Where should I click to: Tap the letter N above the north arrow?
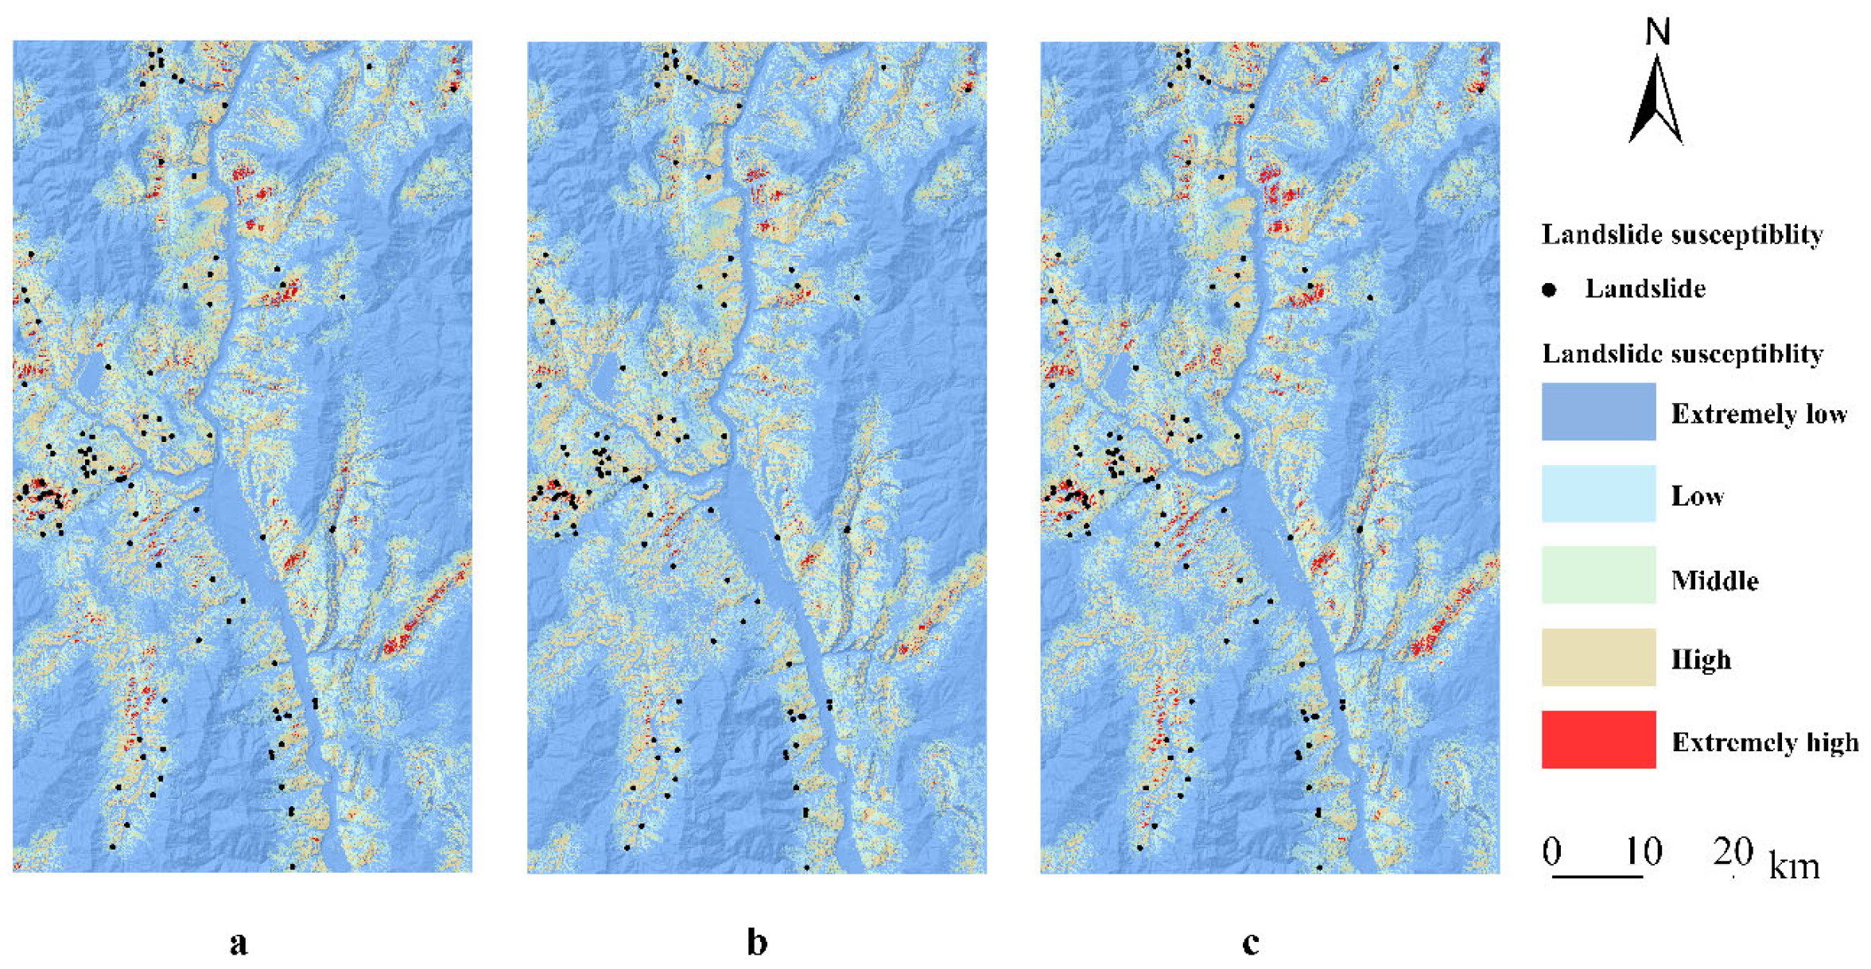point(1658,33)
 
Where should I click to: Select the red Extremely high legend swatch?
point(1598,739)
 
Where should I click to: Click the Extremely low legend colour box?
point(1598,412)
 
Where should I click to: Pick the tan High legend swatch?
point(1598,657)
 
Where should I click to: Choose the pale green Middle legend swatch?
point(1598,575)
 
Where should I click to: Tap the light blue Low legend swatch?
point(1598,494)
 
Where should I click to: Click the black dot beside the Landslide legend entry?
point(1549,290)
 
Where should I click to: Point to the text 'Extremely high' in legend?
point(1765,742)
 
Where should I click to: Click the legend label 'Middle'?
point(1714,580)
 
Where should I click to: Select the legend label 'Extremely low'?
point(1759,414)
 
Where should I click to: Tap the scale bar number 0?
point(1552,852)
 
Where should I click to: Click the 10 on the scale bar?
point(1643,852)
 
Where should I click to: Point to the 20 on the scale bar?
point(1733,852)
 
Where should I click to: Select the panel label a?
point(239,944)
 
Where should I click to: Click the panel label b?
point(757,942)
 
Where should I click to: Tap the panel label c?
point(1250,944)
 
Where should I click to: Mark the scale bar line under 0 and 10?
point(1597,876)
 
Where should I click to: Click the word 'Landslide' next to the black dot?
point(1645,289)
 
